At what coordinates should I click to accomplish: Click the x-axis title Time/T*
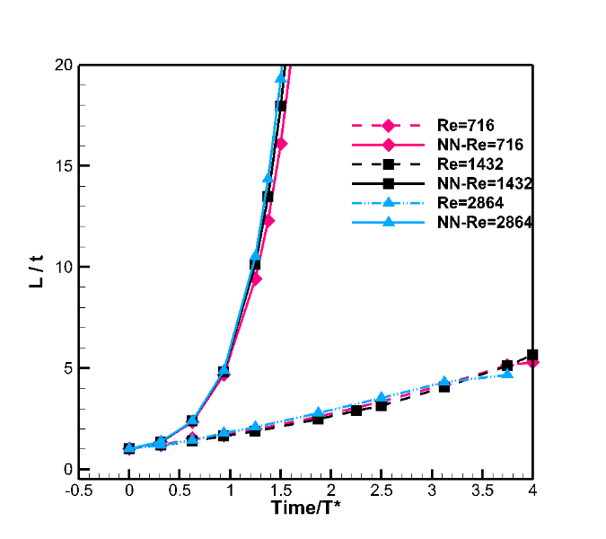[x=306, y=508]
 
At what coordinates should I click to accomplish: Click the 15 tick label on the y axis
[x=62, y=165]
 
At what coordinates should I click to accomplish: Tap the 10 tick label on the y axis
[x=62, y=267]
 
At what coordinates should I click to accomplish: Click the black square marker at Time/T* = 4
[x=532, y=355]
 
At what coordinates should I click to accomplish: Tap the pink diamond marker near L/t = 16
[x=281, y=144]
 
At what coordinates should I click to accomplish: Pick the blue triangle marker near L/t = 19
[x=281, y=78]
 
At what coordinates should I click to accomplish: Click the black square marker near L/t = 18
[x=281, y=106]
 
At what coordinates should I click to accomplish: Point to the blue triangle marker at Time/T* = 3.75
[x=507, y=373]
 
